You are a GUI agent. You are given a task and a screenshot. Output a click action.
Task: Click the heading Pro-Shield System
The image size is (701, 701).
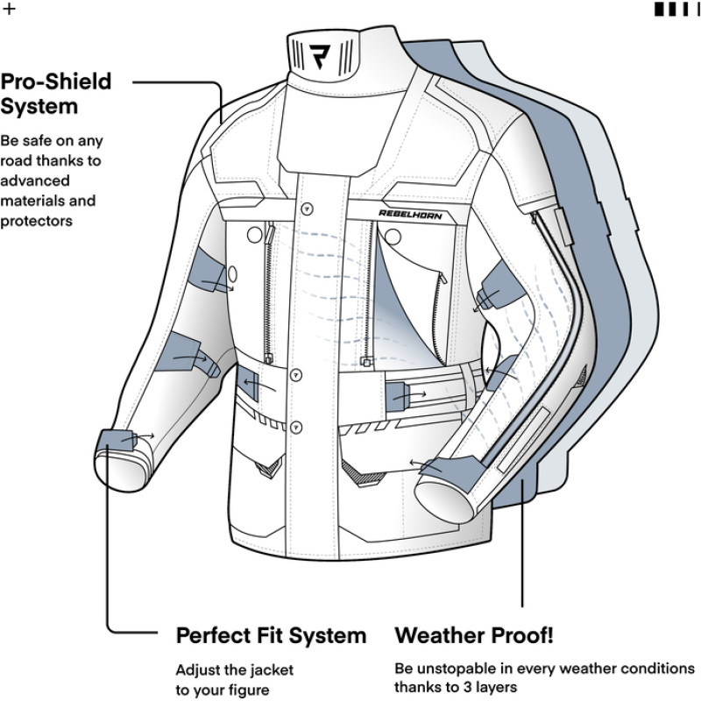(55, 94)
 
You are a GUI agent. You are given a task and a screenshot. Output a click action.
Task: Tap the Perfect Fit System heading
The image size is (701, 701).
(271, 634)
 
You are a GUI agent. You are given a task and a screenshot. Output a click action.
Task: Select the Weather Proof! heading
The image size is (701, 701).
(473, 634)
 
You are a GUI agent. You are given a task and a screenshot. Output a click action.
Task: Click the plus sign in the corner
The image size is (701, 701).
(10, 10)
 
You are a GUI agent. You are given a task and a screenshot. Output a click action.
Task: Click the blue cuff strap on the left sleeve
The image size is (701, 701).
(118, 438)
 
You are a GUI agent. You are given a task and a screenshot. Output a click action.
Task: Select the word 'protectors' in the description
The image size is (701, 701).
(36, 221)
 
